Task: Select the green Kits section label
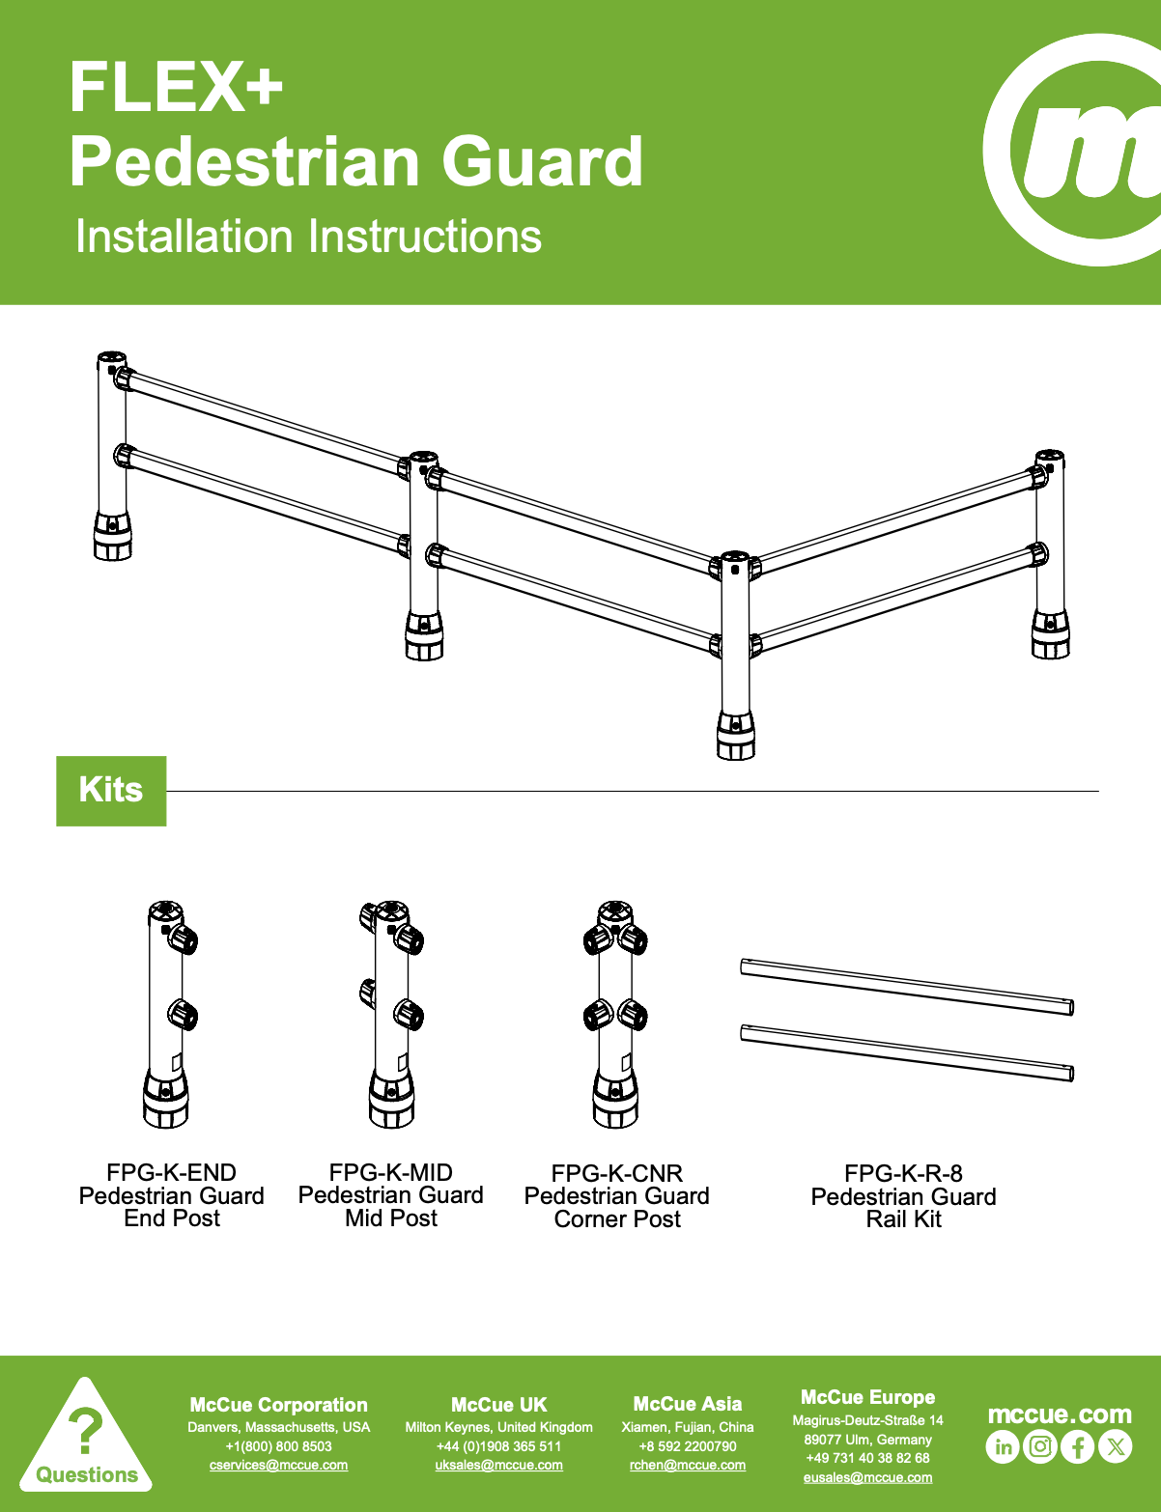(x=111, y=791)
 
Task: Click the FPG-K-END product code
(x=171, y=1172)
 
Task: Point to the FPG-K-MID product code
(x=390, y=1172)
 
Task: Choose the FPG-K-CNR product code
(x=616, y=1173)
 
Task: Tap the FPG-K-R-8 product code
(x=903, y=1173)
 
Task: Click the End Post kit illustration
(x=170, y=1014)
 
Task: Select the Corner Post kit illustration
(x=615, y=1014)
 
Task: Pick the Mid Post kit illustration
(x=390, y=1014)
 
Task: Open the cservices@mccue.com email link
(x=278, y=1466)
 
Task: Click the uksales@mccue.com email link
(x=498, y=1466)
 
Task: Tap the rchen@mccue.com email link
(x=687, y=1466)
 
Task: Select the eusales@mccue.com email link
(x=867, y=1477)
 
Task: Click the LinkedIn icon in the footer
(x=1003, y=1446)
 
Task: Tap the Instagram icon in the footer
(x=1039, y=1446)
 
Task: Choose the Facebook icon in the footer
(x=1077, y=1446)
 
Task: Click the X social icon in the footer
(x=1115, y=1446)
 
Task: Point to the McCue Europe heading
(x=867, y=1397)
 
